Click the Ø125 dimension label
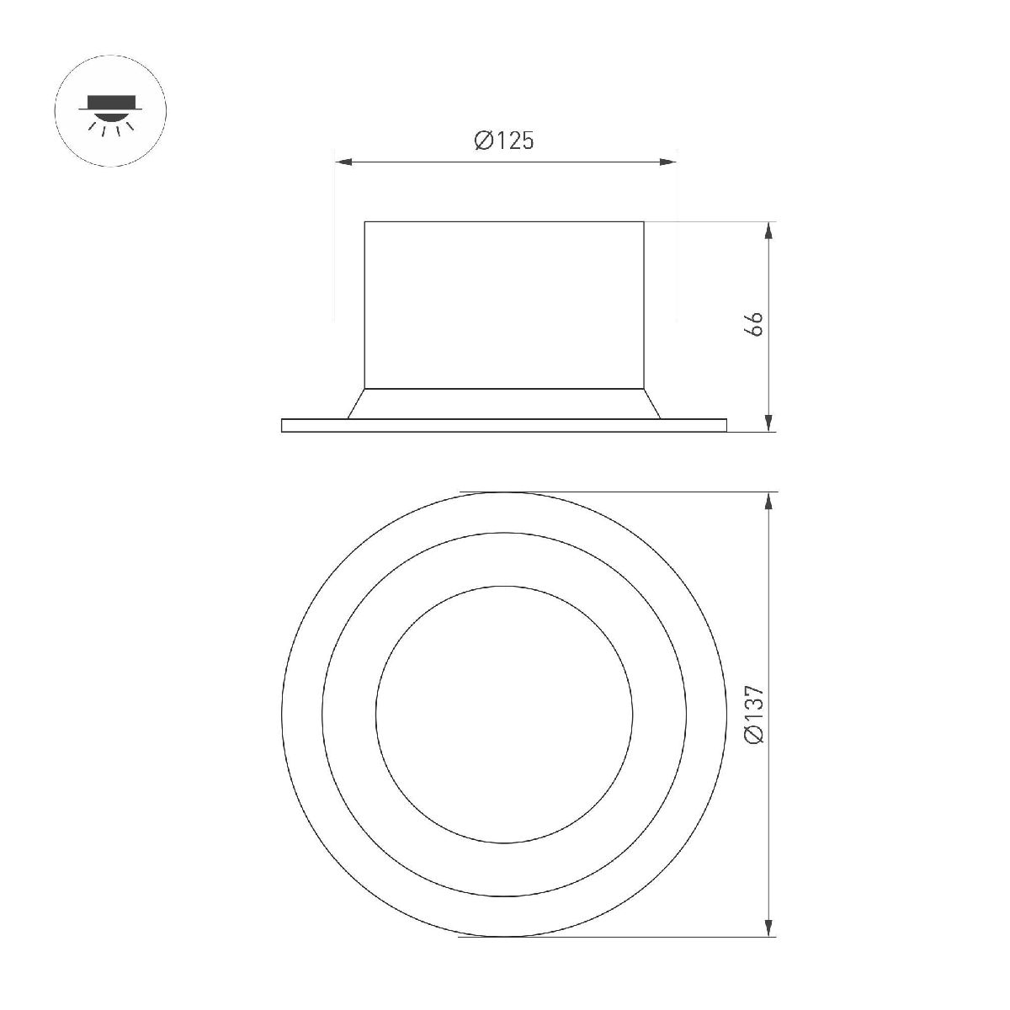[503, 141]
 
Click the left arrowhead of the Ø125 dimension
[342, 162]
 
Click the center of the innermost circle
[503, 713]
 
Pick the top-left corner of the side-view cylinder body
[364, 221]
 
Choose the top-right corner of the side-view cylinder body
[645, 221]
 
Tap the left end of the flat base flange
[283, 425]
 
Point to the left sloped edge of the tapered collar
[356, 403]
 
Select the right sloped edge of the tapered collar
[652, 403]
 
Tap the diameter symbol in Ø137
[754, 736]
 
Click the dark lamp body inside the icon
[111, 104]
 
